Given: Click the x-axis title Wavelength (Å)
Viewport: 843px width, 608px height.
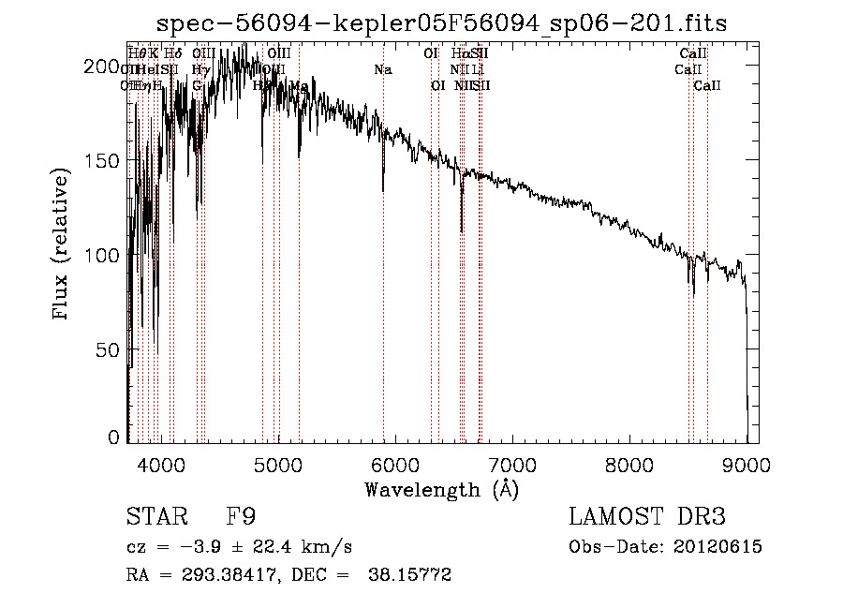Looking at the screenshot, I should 441,489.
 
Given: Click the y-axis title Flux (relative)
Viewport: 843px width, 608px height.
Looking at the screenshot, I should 63,246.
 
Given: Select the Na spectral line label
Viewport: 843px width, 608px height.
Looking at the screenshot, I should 382,69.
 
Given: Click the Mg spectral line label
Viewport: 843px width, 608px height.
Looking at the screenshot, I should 299,85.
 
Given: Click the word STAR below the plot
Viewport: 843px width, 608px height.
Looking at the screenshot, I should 156,518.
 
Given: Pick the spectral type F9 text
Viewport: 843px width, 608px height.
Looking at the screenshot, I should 240,518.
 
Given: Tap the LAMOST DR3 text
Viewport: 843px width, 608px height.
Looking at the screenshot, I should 647,517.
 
